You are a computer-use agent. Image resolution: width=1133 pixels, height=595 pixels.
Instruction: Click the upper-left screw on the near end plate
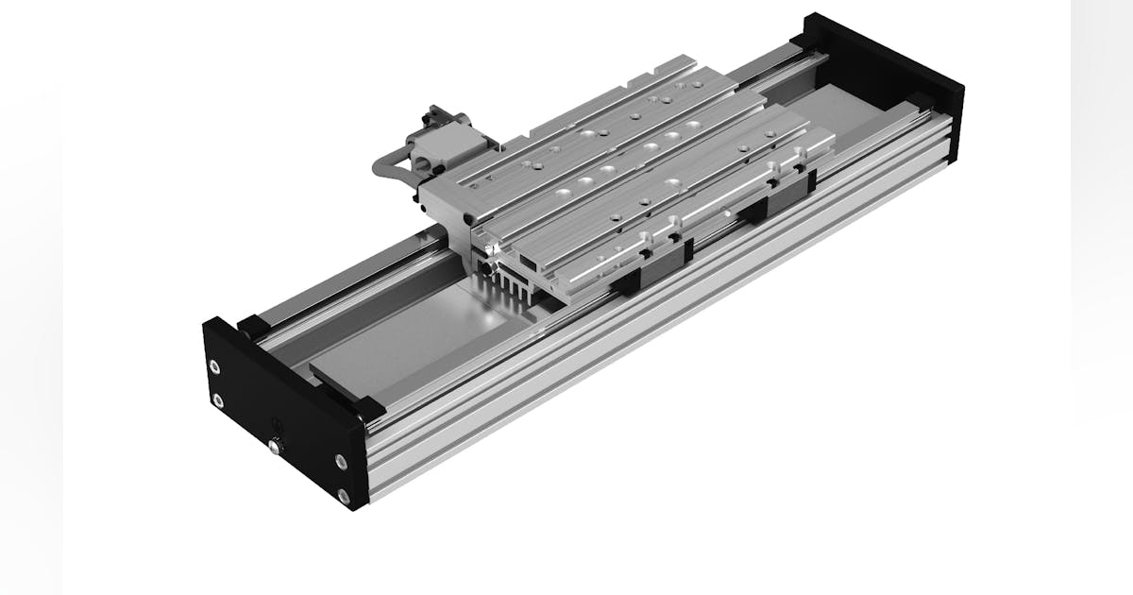(x=215, y=367)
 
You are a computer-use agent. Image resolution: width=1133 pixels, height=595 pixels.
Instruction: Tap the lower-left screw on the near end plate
(x=218, y=400)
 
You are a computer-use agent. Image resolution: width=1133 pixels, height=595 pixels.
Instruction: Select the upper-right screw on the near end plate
(x=341, y=462)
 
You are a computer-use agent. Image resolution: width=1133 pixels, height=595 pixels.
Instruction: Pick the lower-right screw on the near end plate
(x=343, y=495)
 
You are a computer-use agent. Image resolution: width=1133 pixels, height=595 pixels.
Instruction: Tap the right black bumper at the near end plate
(x=367, y=408)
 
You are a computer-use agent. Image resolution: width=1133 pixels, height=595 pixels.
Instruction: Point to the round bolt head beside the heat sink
(x=489, y=247)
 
